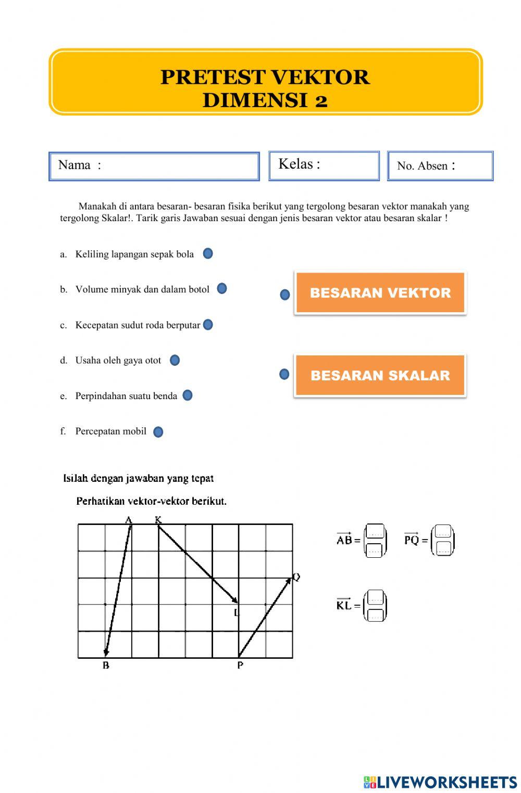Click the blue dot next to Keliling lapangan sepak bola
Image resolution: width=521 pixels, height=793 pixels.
(x=208, y=253)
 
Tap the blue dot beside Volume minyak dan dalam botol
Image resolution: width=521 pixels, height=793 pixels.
(x=222, y=288)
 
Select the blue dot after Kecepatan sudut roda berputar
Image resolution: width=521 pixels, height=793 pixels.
(x=208, y=325)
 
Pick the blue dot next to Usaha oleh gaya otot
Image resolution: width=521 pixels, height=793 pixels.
(x=175, y=360)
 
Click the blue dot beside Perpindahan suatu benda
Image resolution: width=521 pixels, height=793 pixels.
(x=188, y=395)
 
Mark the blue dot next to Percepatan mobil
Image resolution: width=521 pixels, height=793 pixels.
(x=158, y=432)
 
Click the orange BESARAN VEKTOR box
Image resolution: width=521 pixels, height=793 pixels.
(x=380, y=292)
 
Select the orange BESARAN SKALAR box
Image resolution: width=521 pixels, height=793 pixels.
(x=380, y=375)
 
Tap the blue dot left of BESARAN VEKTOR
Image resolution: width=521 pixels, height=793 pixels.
(x=285, y=295)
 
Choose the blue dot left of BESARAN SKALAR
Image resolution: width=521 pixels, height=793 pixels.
(x=284, y=374)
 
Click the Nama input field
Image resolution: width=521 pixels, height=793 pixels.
(x=177, y=166)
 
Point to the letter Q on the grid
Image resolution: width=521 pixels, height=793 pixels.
(x=296, y=577)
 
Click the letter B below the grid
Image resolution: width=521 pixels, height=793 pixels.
(x=106, y=666)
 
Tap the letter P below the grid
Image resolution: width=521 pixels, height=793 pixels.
(x=240, y=665)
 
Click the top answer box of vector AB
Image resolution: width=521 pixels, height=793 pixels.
(x=375, y=532)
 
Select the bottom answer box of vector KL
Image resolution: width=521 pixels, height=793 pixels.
(x=375, y=615)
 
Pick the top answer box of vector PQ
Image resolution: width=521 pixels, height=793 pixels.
(x=443, y=532)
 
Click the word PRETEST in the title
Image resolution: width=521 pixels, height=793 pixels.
(x=213, y=77)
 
